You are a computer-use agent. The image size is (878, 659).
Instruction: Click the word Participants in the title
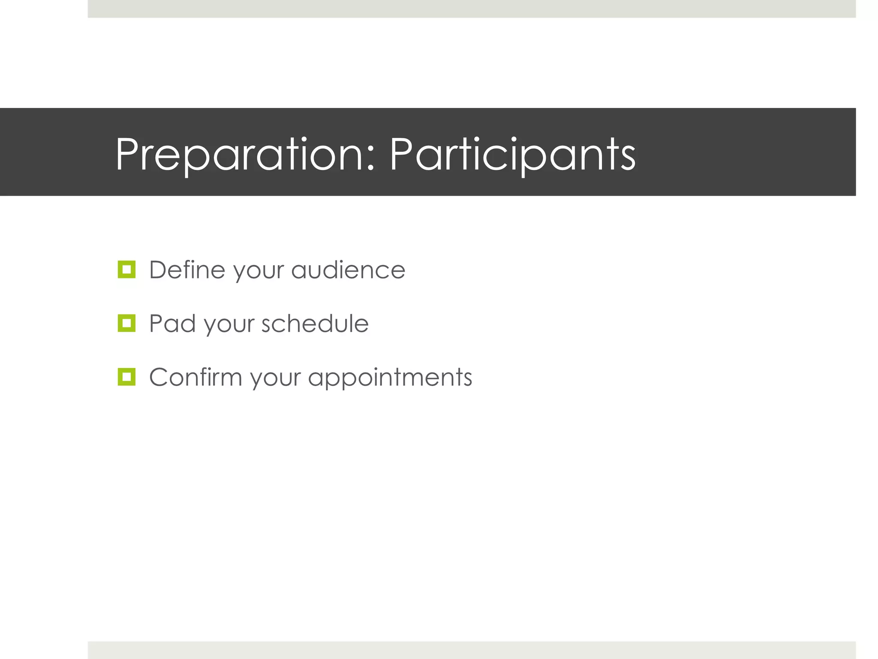click(x=512, y=154)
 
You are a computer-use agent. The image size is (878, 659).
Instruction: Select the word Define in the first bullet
click(x=187, y=270)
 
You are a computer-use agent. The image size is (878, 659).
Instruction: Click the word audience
click(x=348, y=270)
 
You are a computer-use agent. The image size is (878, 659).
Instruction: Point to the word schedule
click(x=315, y=323)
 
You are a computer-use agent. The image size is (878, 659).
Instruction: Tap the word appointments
click(x=390, y=378)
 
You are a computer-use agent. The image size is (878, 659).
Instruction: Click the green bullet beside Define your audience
click(x=126, y=269)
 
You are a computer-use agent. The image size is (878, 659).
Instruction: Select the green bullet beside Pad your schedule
click(x=126, y=323)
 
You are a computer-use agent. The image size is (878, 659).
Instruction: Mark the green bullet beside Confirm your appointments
click(x=126, y=377)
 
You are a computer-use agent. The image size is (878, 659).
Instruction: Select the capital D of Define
click(x=159, y=270)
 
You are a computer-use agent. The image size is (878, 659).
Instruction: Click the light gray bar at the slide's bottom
click(x=472, y=650)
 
